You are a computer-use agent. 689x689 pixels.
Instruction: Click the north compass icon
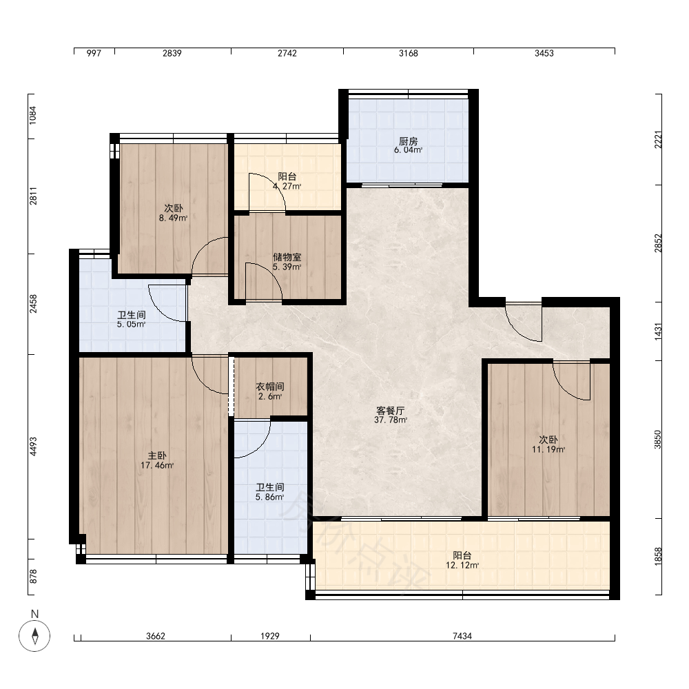(x=34, y=635)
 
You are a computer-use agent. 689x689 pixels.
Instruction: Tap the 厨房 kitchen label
(x=408, y=141)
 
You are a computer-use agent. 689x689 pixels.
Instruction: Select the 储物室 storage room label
(x=287, y=257)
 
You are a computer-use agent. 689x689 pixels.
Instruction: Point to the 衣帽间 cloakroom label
(x=270, y=387)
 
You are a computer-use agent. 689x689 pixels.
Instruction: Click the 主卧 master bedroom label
(x=157, y=455)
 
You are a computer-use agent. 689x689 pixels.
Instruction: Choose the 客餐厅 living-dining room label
(x=390, y=411)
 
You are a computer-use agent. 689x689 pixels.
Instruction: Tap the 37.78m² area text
(x=390, y=420)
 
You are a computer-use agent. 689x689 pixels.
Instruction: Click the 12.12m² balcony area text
(x=462, y=565)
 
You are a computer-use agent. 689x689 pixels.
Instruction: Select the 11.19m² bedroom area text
(x=548, y=449)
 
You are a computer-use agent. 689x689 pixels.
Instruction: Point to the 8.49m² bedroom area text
(x=174, y=218)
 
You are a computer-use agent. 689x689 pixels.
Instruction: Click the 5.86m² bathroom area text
(x=270, y=497)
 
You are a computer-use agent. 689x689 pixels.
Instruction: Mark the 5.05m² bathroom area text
(x=132, y=325)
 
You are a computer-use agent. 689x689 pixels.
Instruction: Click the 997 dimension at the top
(x=94, y=53)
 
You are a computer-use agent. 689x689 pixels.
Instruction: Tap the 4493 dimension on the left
(x=34, y=446)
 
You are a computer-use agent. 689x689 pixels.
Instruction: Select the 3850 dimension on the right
(x=658, y=440)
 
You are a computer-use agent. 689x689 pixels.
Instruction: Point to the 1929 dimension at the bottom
(x=270, y=636)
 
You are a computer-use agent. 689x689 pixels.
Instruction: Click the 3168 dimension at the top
(x=408, y=53)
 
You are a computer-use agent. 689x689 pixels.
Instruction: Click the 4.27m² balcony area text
(x=287, y=186)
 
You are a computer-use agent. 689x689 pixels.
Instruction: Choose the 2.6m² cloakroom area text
(x=270, y=396)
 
